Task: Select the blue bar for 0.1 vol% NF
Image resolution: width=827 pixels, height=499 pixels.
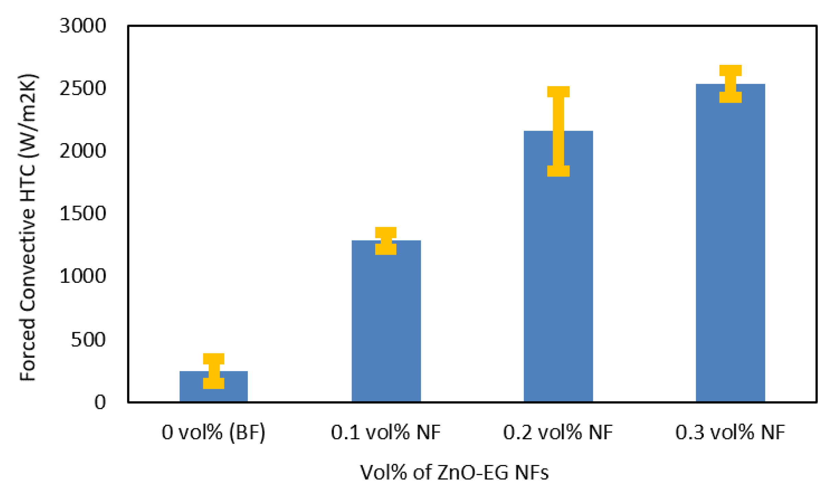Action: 386,326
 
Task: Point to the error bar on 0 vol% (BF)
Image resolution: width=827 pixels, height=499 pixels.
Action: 214,371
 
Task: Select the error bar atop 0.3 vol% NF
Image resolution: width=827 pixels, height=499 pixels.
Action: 730,84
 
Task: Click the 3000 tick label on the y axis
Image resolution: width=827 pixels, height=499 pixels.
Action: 83,26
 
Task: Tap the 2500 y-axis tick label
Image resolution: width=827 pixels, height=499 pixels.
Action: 83,89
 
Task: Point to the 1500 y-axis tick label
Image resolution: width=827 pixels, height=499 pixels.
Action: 83,214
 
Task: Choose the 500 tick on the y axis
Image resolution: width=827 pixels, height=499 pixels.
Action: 88,340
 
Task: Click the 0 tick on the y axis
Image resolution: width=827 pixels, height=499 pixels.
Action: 100,402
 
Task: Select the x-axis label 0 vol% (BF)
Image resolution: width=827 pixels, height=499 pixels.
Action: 213,432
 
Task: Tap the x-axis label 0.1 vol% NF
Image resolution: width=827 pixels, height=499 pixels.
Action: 386,432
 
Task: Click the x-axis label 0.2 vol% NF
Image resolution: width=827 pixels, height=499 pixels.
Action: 558,432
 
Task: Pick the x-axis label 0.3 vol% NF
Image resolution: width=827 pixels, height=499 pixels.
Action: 730,432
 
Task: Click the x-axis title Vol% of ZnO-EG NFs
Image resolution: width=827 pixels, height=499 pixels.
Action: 454,473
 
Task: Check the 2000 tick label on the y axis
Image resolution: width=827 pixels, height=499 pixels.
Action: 83,151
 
